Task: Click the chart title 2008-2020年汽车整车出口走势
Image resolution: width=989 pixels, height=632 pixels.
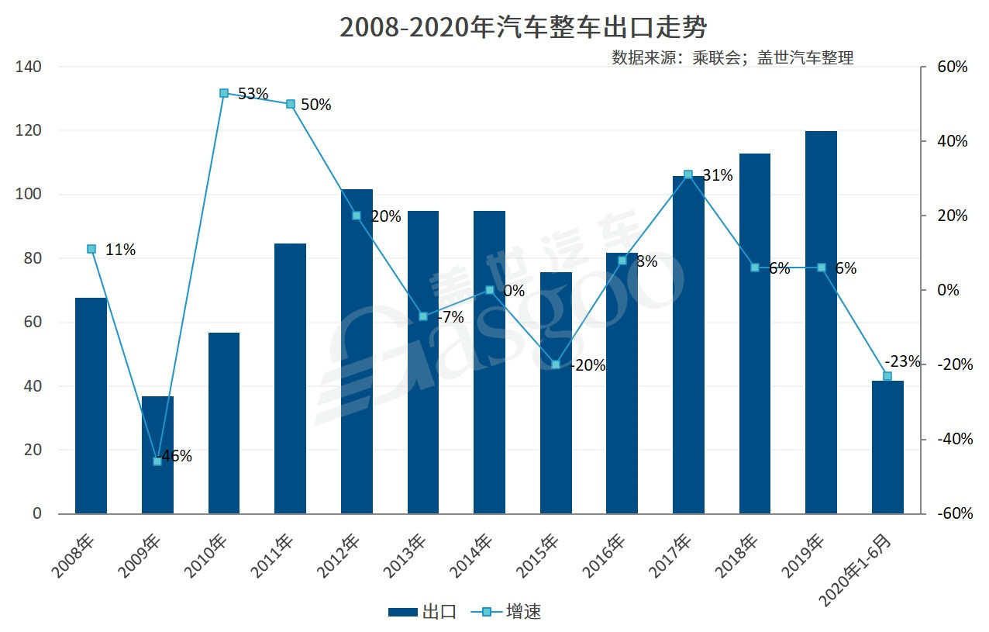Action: pyautogui.click(x=523, y=29)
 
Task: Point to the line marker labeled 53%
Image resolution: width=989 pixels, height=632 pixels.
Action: pyautogui.click(x=224, y=93)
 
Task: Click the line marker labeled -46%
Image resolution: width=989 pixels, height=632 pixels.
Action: pyautogui.click(x=157, y=461)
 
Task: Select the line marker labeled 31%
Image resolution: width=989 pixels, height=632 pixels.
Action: pyautogui.click(x=688, y=174)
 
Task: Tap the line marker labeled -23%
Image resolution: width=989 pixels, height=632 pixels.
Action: pyautogui.click(x=887, y=376)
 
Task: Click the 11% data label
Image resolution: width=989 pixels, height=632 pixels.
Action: pyautogui.click(x=120, y=250)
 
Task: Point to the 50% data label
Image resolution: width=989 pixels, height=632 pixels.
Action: pyautogui.click(x=315, y=105)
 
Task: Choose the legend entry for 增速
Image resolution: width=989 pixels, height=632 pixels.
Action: pyautogui.click(x=512, y=612)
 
